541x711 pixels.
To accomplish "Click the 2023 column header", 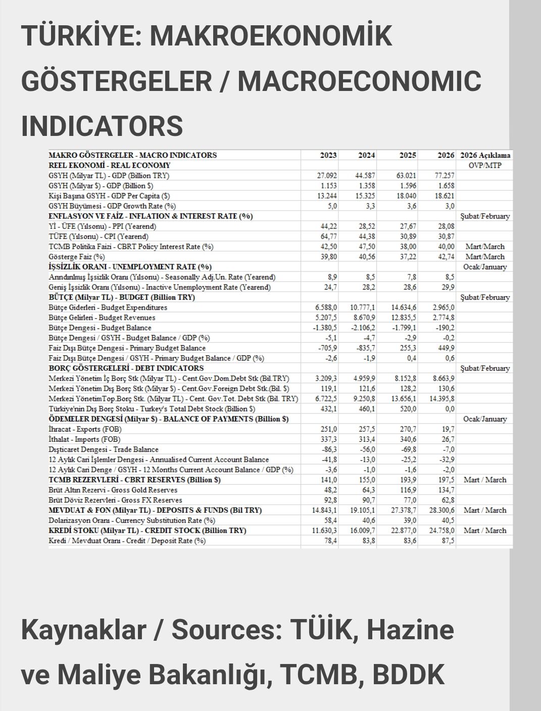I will point(328,155).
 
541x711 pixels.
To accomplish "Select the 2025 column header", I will point(408,155).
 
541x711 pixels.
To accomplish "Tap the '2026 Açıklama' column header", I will point(485,155).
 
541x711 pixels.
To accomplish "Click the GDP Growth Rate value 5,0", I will point(331,206).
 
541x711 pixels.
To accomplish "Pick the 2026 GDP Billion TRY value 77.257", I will point(444,176).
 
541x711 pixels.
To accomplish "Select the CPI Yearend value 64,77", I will point(328,236).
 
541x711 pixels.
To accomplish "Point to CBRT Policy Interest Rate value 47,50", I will point(366,247).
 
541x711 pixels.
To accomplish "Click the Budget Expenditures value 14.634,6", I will point(404,307).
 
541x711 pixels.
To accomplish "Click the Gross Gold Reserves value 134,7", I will point(446,490).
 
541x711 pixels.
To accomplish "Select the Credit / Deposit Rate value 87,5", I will point(447,541).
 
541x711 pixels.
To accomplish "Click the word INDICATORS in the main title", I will point(102,125).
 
